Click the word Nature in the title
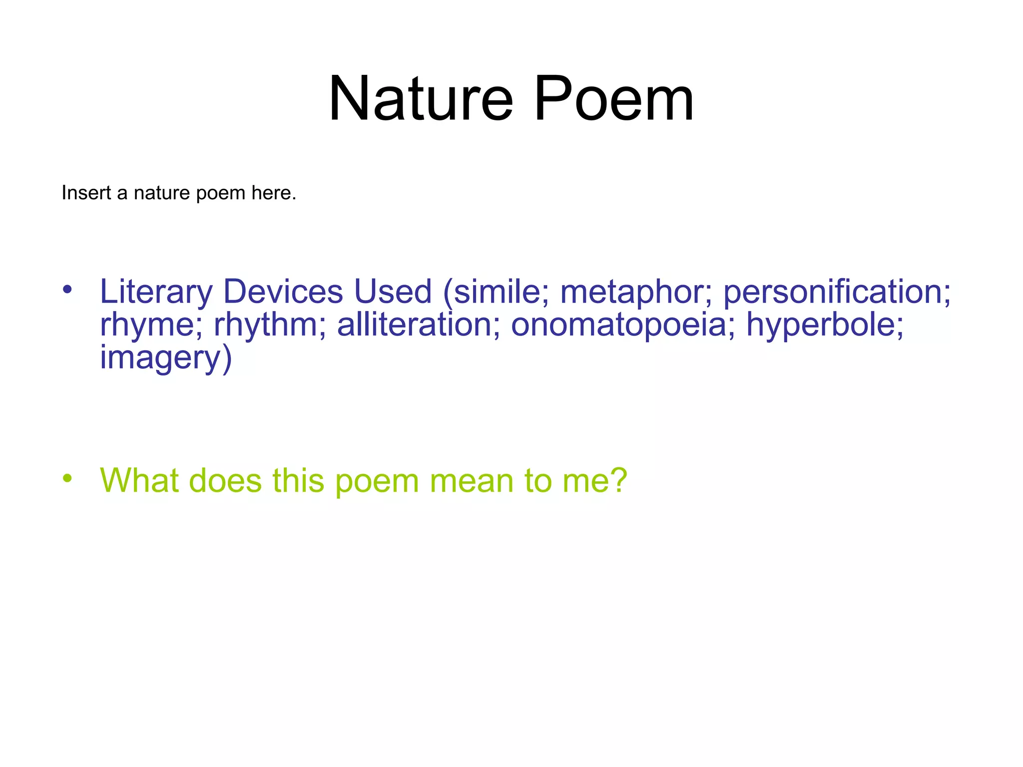tap(421, 98)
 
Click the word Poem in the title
tap(614, 98)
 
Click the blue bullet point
tap(67, 289)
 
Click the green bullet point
tap(67, 478)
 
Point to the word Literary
tap(156, 292)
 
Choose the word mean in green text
tap(472, 480)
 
